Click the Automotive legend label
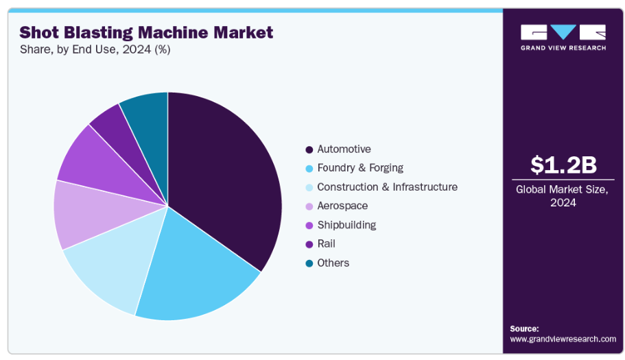pos(344,149)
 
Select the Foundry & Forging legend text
pos(360,168)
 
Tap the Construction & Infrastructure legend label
pos(387,187)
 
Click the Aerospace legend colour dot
pos(309,206)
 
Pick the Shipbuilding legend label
pos(346,225)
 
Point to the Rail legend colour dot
pos(309,244)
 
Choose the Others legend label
pos(333,263)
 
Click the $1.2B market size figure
pos(563,165)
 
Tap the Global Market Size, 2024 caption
pos(563,196)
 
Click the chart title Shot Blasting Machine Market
pos(146,32)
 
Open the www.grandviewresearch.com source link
pos(563,339)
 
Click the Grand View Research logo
pos(563,37)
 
